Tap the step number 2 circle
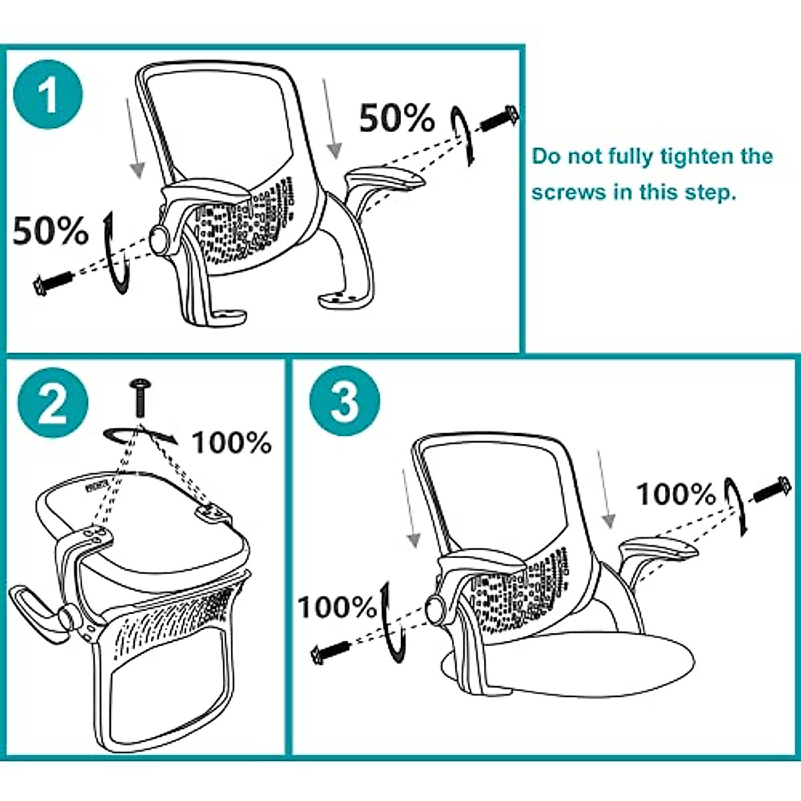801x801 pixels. pyautogui.click(x=53, y=403)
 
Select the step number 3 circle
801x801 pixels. pyautogui.click(x=345, y=402)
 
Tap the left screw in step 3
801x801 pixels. pyautogui.click(x=332, y=649)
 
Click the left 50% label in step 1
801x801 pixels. pyautogui.click(x=51, y=231)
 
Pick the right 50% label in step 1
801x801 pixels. pyautogui.click(x=397, y=119)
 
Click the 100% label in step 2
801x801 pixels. pyautogui.click(x=232, y=443)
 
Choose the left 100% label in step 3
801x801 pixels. pyautogui.click(x=337, y=607)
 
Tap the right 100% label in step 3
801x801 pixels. pyautogui.click(x=676, y=495)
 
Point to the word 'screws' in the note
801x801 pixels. pyautogui.click(x=569, y=192)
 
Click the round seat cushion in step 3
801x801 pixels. pyautogui.click(x=587, y=667)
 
